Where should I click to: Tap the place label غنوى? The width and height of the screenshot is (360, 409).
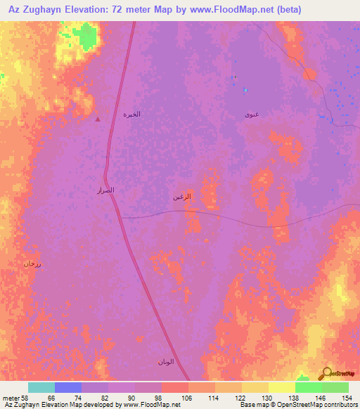coord(251,114)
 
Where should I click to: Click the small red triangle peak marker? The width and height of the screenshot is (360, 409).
coord(98,119)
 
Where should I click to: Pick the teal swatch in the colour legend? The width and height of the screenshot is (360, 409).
coord(41,387)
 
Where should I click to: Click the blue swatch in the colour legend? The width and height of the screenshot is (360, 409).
coord(67,387)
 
